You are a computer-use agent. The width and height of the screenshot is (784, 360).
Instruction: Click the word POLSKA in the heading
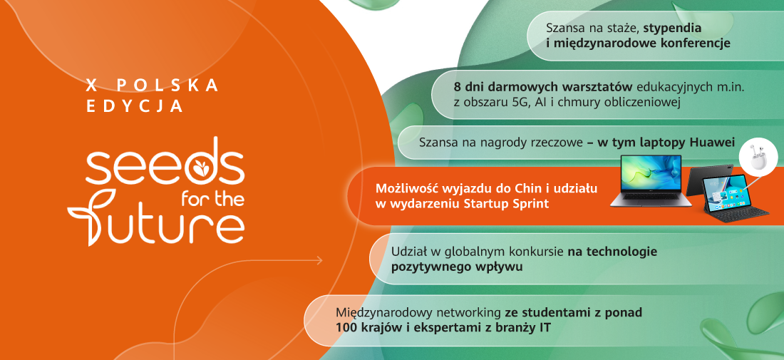coord(167,86)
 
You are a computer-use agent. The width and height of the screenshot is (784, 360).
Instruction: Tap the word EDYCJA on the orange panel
coord(135,106)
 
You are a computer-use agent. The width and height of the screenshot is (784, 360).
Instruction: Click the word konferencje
coord(696,43)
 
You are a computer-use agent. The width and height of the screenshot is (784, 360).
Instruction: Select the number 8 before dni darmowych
coord(457,86)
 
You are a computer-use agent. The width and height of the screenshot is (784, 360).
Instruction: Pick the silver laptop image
coord(651,180)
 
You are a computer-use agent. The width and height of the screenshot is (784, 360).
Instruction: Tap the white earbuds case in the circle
coord(758,156)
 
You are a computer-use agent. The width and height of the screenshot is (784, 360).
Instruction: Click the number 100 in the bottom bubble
coord(346,328)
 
